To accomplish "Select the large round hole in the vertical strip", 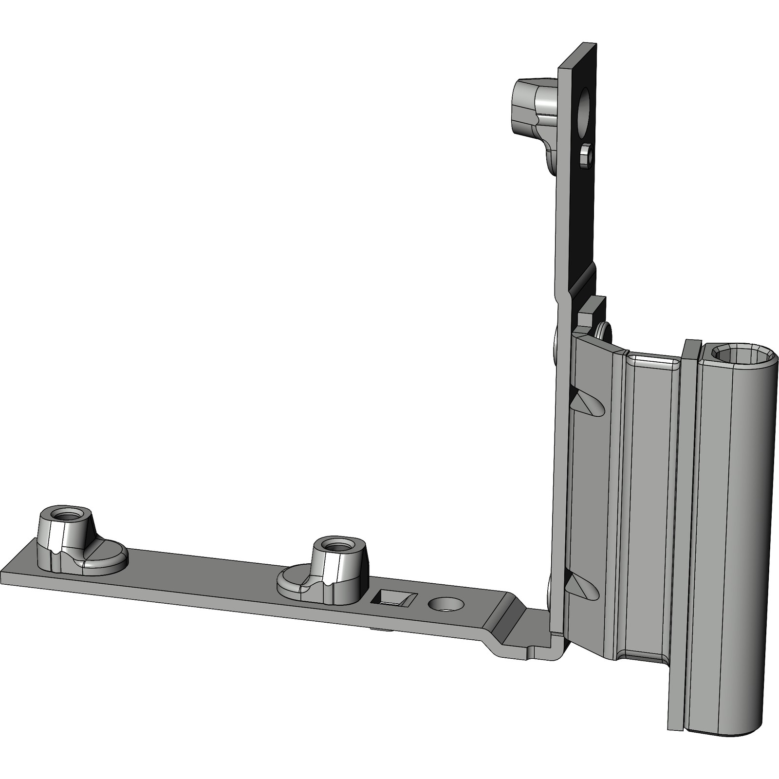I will [x=583, y=111].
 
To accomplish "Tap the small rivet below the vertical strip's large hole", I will [x=586, y=156].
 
